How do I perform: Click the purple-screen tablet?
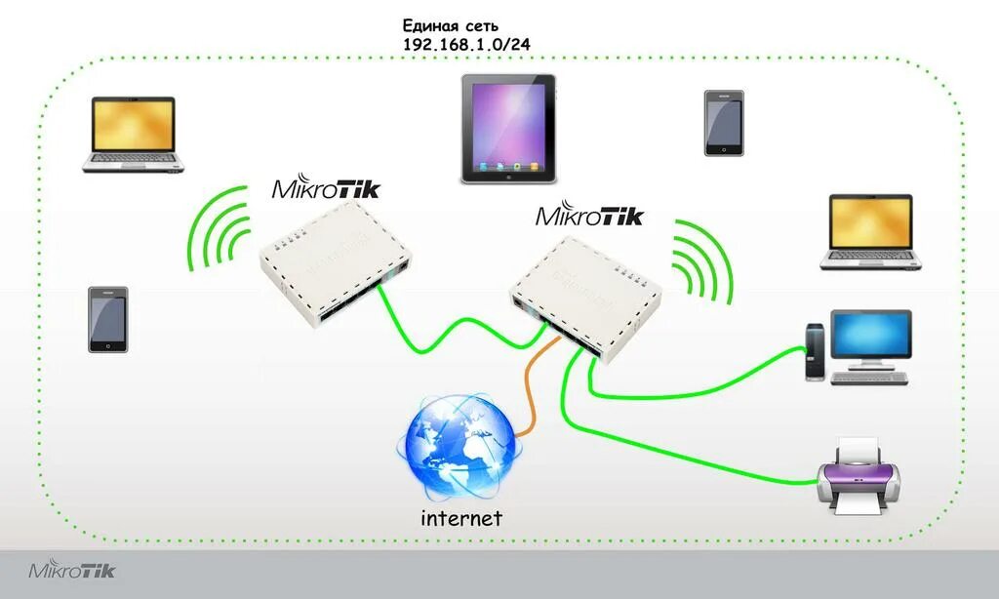[x=508, y=129]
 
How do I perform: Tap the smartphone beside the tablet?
[x=724, y=123]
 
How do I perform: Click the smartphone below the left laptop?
[x=107, y=319]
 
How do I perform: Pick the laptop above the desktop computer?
[x=870, y=231]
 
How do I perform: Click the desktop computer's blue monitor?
[x=871, y=336]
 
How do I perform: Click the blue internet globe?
[x=457, y=448]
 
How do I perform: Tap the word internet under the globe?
[x=460, y=517]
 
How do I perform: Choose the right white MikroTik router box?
[x=583, y=294]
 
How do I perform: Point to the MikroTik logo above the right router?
[x=589, y=216]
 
